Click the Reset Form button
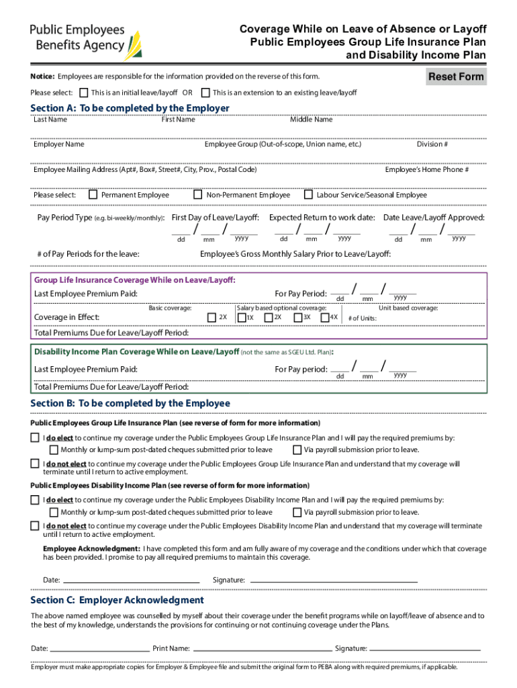(457, 77)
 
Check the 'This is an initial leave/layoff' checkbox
(84, 93)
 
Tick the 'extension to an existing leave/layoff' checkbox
(206, 93)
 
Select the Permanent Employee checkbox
(95, 195)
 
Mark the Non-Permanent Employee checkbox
(198, 195)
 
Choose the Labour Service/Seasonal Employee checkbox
(309, 195)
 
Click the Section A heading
(130, 108)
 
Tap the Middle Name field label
(311, 120)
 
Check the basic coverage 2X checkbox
(213, 317)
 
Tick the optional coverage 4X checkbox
(325, 317)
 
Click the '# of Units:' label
(363, 318)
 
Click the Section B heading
(130, 403)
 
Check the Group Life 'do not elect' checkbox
(35, 464)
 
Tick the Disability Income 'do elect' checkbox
(35, 500)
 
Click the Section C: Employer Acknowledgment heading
(117, 600)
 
